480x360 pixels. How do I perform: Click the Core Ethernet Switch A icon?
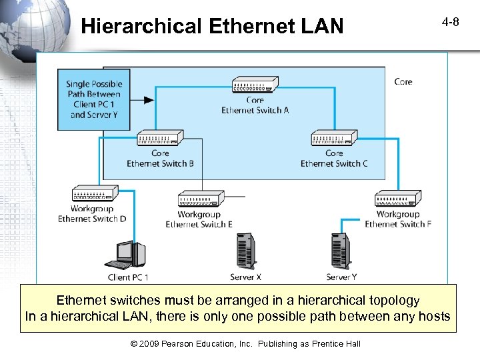coord(255,85)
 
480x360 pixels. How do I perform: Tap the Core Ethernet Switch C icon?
coord(334,138)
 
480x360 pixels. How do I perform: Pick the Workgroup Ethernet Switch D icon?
coord(94,194)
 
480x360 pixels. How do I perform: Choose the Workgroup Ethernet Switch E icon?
coord(199,199)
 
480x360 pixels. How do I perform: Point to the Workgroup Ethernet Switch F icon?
coord(397,199)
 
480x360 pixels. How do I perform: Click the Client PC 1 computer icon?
coord(129,255)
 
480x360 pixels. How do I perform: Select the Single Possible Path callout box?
coord(94,99)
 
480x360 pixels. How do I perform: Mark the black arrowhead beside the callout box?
coord(148,100)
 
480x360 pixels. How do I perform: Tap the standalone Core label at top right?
coord(403,81)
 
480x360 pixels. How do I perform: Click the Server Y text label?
coord(341,277)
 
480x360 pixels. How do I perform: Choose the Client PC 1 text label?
coord(128,277)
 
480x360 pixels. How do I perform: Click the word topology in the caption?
coord(389,301)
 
